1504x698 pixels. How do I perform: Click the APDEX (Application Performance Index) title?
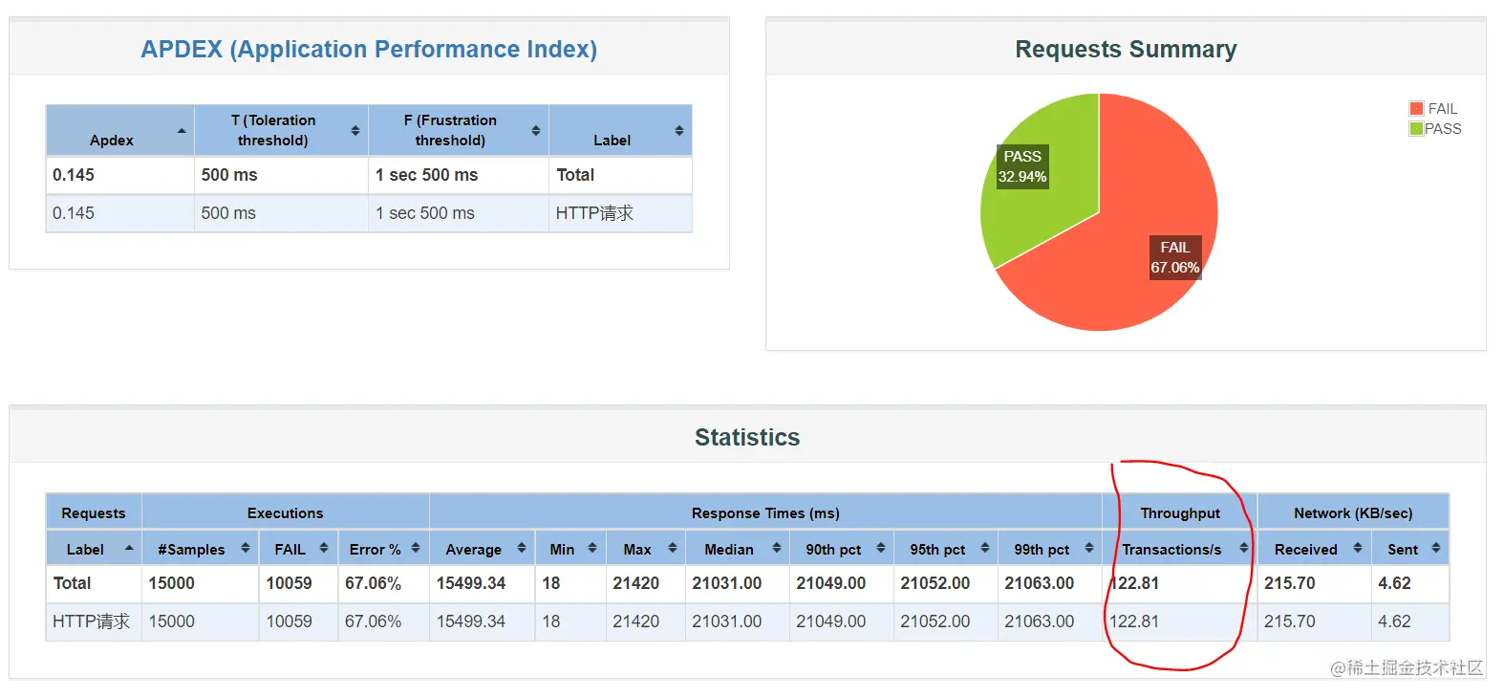point(369,49)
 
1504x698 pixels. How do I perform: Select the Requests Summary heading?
point(1126,49)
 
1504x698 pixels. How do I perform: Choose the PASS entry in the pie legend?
point(1435,129)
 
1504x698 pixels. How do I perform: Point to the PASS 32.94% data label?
point(1021,166)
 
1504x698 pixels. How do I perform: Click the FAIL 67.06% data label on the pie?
point(1175,257)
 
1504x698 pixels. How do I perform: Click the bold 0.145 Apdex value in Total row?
point(74,175)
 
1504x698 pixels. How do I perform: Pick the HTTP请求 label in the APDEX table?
point(594,213)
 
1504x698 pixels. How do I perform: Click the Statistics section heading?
point(747,437)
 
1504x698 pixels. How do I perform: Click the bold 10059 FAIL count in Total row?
point(289,583)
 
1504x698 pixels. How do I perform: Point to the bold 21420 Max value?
point(635,583)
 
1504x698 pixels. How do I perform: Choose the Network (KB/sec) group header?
point(1353,513)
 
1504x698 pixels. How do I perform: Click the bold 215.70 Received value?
point(1289,583)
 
